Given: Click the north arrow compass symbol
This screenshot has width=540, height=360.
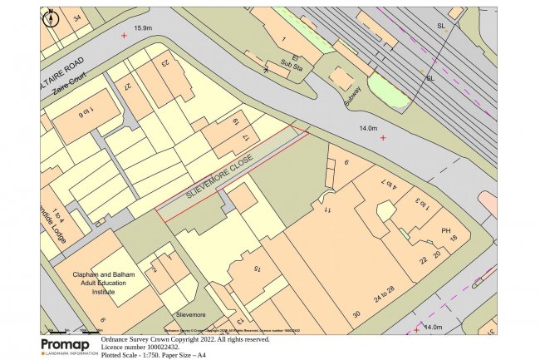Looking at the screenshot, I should [x=50, y=17].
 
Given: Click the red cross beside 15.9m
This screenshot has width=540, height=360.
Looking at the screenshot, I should [x=125, y=36].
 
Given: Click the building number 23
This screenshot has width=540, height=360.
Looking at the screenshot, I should [x=164, y=63].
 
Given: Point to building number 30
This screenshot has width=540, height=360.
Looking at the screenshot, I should [x=356, y=314].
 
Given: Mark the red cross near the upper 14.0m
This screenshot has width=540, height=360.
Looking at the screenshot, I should [x=383, y=137].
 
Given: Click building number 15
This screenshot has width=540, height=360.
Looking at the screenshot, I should [x=258, y=268].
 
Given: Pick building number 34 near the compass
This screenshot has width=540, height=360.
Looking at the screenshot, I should [x=77, y=17].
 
